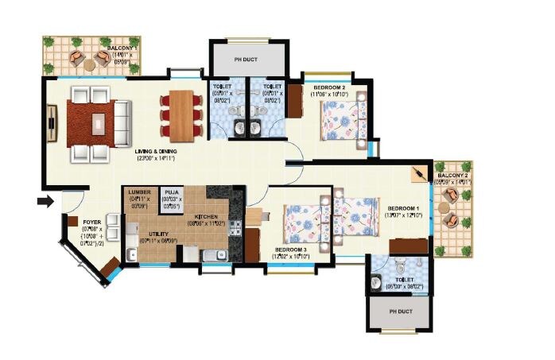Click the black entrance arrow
tap(47, 201)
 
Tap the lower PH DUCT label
tap(400, 311)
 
